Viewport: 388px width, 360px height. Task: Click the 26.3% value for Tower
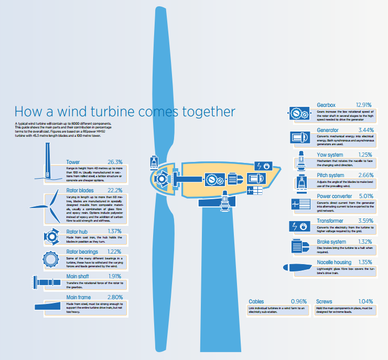coord(115,162)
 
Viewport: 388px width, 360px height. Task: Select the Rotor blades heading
coord(80,190)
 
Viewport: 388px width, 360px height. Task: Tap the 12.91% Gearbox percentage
coord(363,105)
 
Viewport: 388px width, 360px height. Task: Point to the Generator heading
coord(328,129)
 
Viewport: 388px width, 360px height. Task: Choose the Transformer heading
coord(330,221)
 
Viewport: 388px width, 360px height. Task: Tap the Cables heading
coord(256,301)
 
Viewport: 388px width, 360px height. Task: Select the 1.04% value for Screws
coord(365,301)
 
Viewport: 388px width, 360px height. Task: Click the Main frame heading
coord(79,298)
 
